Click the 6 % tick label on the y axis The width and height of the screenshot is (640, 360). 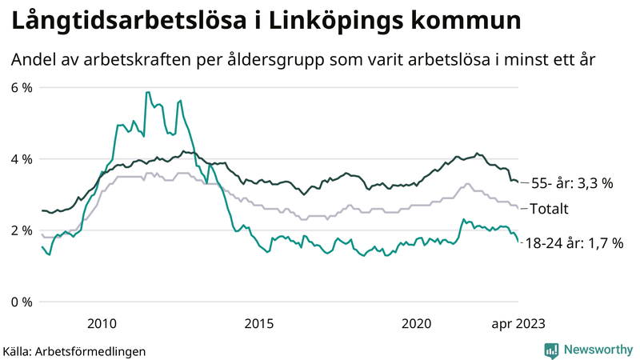pyautogui.click(x=22, y=87)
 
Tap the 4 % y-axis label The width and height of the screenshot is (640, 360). pyautogui.click(x=22, y=159)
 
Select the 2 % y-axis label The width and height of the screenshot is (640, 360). pyautogui.click(x=22, y=230)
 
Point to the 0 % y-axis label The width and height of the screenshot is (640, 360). pyautogui.click(x=22, y=302)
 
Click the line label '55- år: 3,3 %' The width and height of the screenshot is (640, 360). pyautogui.click(x=573, y=184)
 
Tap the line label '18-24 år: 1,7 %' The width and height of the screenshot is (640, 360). pyautogui.click(x=574, y=242)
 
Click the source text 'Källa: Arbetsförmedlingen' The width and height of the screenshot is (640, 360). pyautogui.click(x=74, y=350)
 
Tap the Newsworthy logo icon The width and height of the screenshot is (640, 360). pyautogui.click(x=551, y=350)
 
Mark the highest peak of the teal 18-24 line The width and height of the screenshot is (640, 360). pyautogui.click(x=147, y=92)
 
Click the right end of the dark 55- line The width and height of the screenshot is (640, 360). pyautogui.click(x=518, y=182)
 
